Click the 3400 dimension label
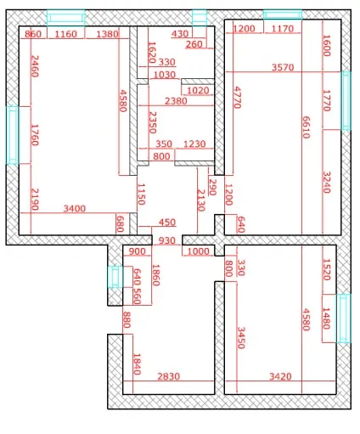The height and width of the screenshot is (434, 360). [75, 209]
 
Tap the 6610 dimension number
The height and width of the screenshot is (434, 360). [306, 127]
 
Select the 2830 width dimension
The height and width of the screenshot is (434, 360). [169, 376]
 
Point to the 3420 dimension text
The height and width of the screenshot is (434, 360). [280, 376]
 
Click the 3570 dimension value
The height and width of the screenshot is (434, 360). [283, 67]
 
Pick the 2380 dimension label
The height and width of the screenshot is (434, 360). [176, 101]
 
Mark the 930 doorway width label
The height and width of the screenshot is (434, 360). [167, 240]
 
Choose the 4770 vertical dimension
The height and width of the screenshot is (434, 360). [237, 98]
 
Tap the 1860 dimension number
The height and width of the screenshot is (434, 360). [156, 275]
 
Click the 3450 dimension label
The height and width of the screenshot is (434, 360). [241, 338]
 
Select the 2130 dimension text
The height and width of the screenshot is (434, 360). [200, 200]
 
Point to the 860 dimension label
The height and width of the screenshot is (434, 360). [33, 34]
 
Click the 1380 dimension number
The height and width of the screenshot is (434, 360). [107, 34]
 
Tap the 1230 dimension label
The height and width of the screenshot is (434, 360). [194, 144]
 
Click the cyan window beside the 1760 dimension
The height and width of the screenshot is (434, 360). [13, 135]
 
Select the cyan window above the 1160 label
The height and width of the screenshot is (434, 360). [65, 18]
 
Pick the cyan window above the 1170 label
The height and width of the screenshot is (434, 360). [283, 14]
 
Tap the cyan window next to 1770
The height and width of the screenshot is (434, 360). [346, 101]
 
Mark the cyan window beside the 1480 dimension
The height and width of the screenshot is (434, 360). [344, 318]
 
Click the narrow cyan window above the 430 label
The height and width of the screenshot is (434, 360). [200, 18]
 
